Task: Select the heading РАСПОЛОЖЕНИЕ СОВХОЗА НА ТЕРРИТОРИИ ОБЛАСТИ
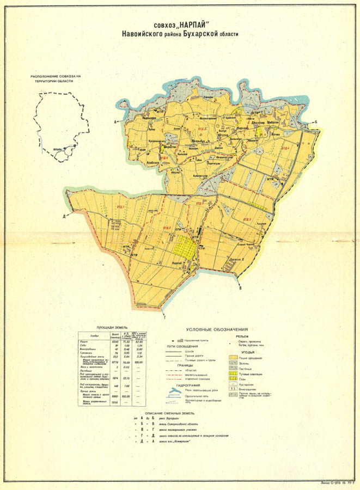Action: click(56, 78)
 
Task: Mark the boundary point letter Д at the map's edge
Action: click(64, 216)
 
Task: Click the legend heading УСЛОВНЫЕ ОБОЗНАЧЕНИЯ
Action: click(217, 329)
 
